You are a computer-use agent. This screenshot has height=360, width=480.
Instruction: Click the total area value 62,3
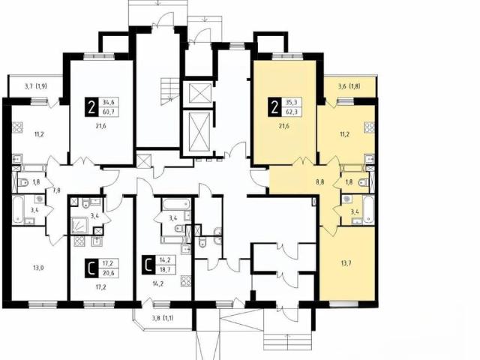(291, 112)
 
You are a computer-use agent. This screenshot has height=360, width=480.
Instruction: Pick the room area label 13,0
(38, 268)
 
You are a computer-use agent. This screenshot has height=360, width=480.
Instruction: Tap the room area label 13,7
(345, 263)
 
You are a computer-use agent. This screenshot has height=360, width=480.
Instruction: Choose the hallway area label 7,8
(57, 190)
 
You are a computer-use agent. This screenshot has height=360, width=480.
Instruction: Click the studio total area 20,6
(108, 273)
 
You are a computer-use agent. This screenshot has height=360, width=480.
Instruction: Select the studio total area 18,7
(165, 270)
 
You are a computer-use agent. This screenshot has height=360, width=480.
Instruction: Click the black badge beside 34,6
(91, 106)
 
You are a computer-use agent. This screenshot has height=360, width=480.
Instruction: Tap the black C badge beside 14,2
(148, 265)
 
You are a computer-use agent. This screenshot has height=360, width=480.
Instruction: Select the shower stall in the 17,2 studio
(80, 225)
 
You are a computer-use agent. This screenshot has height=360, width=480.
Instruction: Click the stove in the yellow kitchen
(369, 127)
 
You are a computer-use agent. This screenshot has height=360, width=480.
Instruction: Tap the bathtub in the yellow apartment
(368, 210)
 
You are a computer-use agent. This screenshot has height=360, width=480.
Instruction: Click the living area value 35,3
(291, 103)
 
